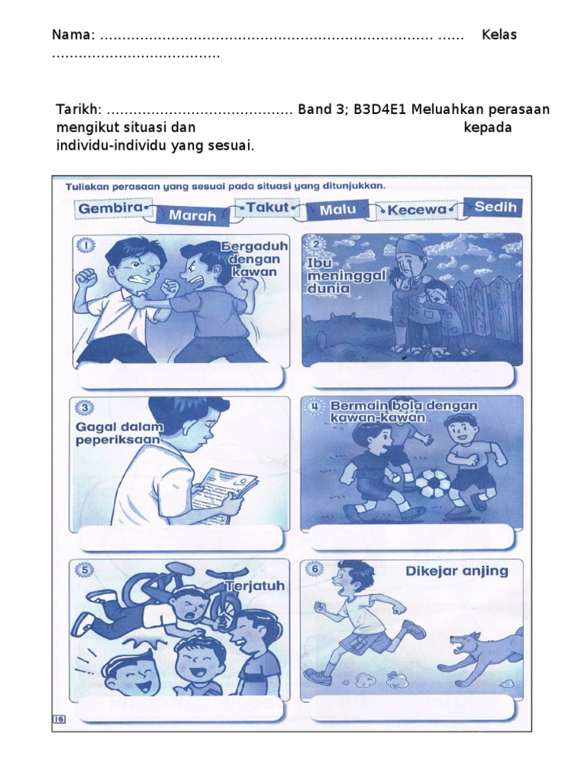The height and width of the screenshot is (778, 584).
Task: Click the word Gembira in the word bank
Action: click(x=110, y=208)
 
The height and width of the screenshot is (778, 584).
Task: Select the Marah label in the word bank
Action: click(x=192, y=215)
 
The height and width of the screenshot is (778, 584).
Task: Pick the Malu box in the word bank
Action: click(x=338, y=210)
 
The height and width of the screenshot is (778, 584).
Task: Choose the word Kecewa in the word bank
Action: click(x=417, y=210)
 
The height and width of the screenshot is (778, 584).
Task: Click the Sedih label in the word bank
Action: click(x=495, y=207)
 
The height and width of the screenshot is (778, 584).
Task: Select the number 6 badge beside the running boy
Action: click(x=314, y=569)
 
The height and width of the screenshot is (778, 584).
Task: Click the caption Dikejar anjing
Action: click(x=457, y=571)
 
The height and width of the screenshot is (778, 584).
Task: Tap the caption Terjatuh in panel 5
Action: click(x=255, y=586)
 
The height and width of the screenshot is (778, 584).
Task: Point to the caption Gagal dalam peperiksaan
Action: click(x=119, y=433)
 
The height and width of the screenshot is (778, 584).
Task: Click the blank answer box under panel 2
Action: click(x=412, y=376)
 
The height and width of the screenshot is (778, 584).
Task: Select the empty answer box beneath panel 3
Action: click(x=182, y=537)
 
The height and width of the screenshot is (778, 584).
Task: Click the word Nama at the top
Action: click(x=72, y=35)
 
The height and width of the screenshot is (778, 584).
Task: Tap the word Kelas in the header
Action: click(x=499, y=35)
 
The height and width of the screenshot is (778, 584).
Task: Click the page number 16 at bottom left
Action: click(x=59, y=719)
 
